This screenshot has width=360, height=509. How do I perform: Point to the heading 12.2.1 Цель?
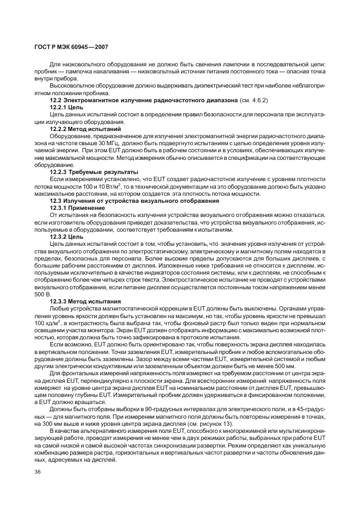[x=67, y=108]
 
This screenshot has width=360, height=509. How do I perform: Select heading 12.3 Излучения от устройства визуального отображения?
[x=134, y=201]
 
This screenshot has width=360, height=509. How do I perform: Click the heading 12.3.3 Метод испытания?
[x=85, y=301]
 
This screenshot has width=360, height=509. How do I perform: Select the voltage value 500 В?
[x=42, y=294]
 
